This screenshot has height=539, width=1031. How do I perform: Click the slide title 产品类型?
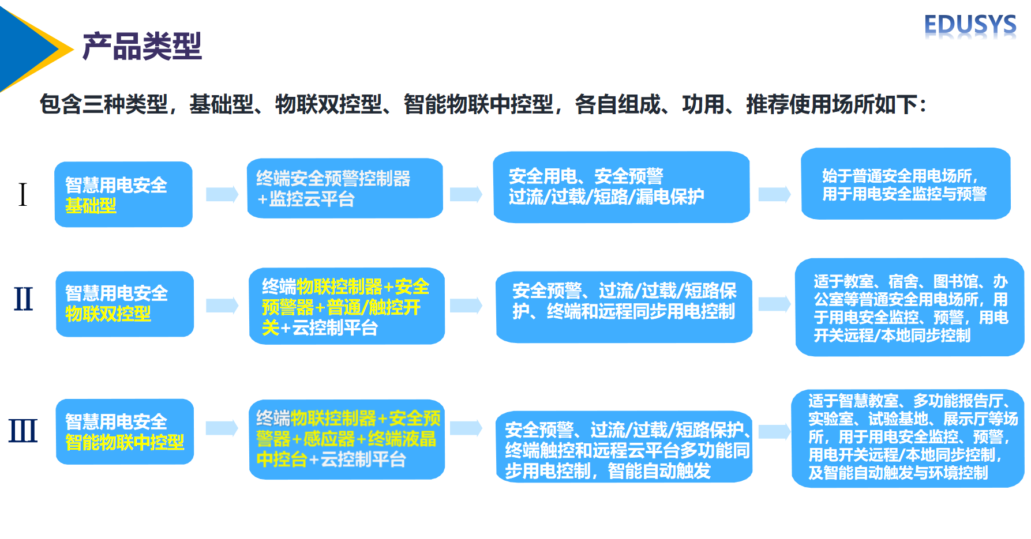pyautogui.click(x=142, y=46)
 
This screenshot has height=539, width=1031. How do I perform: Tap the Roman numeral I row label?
pyautogui.click(x=23, y=194)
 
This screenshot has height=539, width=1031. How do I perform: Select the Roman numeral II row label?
pyautogui.click(x=24, y=299)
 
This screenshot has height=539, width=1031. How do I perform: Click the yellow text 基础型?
pyautogui.click(x=91, y=206)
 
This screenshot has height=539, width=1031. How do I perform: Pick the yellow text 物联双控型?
pyautogui.click(x=108, y=314)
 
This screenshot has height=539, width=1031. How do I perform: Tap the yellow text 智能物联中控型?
pyautogui.click(x=125, y=443)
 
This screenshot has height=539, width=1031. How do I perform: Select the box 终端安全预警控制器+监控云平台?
pyautogui.click(x=345, y=189)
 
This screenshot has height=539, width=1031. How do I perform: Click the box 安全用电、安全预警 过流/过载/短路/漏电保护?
pyautogui.click(x=621, y=187)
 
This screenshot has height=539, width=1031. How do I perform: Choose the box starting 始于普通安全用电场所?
pyautogui.click(x=905, y=184)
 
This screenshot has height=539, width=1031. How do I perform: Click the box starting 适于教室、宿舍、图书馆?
pyautogui.click(x=909, y=307)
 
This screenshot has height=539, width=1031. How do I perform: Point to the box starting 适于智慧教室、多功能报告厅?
pyautogui.click(x=908, y=438)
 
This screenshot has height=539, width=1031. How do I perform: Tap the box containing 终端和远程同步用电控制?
pyautogui.click(x=624, y=307)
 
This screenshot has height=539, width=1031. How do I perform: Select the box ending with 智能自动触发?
pyautogui.click(x=624, y=447)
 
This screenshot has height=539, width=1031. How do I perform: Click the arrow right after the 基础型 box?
pyautogui.click(x=222, y=194)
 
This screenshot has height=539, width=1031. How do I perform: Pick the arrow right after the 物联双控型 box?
pyautogui.click(x=222, y=305)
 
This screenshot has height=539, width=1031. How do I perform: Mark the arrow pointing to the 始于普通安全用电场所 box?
pyautogui.click(x=774, y=194)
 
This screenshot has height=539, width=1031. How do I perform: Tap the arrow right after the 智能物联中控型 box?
pyautogui.click(x=222, y=428)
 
